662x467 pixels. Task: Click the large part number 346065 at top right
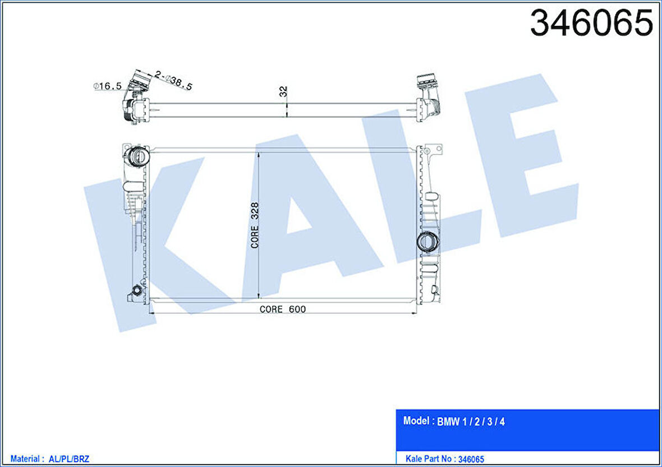[591, 23]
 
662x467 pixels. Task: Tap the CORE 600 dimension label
[283, 309]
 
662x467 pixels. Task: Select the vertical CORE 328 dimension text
[255, 225]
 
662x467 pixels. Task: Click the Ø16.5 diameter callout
[107, 86]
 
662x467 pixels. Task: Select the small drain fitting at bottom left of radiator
[136, 290]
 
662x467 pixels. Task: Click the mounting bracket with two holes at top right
[433, 151]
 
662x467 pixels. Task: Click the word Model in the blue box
[416, 421]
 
